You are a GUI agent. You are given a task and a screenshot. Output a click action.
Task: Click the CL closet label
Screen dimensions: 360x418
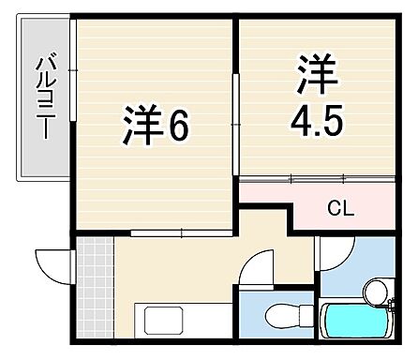[339, 208]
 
